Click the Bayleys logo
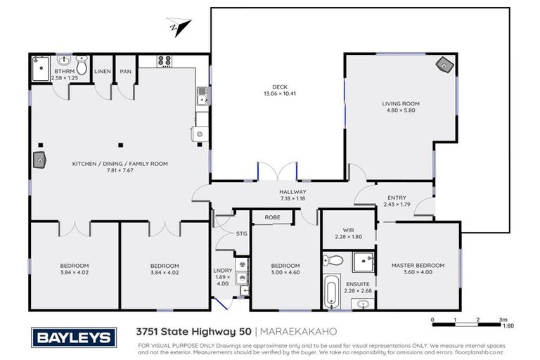pos(72,338)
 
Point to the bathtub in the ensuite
pos(330,291)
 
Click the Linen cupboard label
pos(103,71)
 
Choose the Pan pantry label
pos(126,71)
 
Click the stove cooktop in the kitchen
pos(165,60)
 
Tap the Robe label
pos(273,218)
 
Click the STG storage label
pos(241,233)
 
